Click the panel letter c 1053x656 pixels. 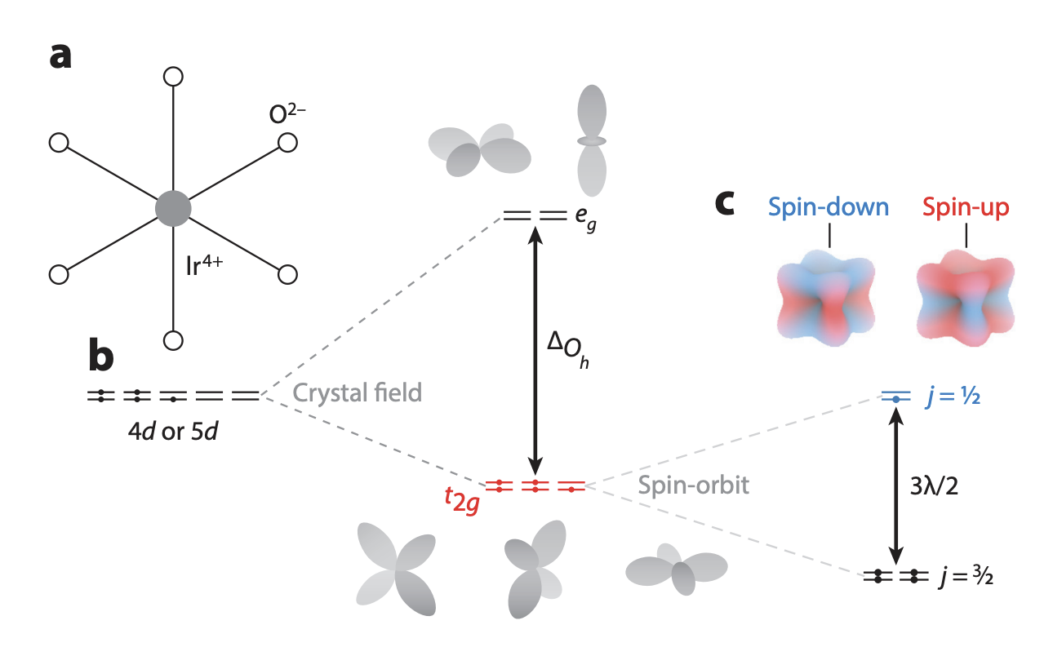tap(731, 203)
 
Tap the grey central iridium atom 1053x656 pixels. tap(173, 208)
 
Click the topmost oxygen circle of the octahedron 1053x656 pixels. tap(173, 77)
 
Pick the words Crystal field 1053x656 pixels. tap(358, 393)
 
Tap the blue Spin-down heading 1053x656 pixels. tap(829, 206)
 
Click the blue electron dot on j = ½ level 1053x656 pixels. tap(895, 398)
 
